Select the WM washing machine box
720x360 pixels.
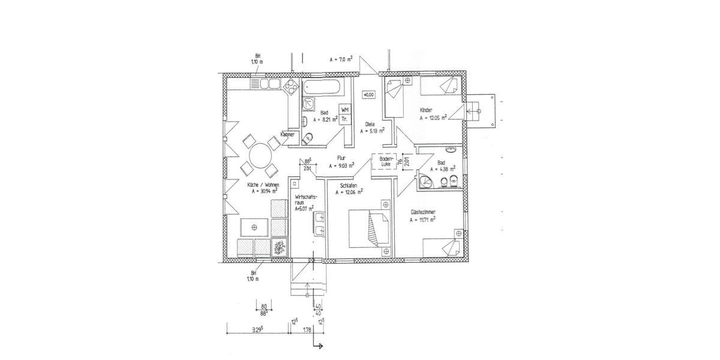pos(345,110)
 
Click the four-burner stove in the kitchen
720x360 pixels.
pos(290,85)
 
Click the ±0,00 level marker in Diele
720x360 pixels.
pos(368,94)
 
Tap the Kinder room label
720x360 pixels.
pos(427,110)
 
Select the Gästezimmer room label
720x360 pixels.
pos(423,212)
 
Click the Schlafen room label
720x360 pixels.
pos(349,186)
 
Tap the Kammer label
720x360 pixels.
pos(287,135)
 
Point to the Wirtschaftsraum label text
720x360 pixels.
pos(305,200)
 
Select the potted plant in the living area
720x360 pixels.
pos(279,247)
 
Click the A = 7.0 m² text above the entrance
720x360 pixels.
pos(341,60)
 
